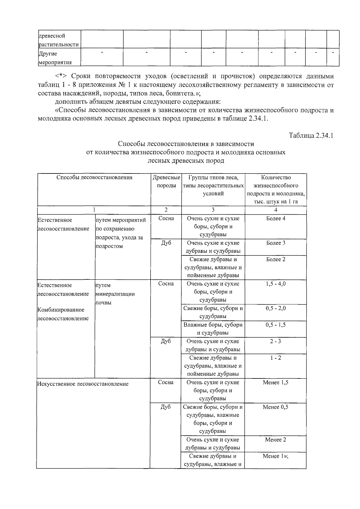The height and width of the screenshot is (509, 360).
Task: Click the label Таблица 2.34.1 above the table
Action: (311, 135)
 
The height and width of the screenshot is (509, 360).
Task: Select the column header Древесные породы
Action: (166, 182)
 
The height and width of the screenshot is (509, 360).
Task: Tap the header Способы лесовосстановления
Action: (94, 177)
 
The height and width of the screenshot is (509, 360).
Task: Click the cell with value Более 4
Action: (275, 218)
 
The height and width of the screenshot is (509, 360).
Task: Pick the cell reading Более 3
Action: (275, 243)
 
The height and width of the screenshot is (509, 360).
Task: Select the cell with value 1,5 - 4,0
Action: (275, 284)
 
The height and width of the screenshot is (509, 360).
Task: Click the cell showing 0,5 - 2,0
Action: (275, 309)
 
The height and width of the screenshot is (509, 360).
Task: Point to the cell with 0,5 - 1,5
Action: (275, 325)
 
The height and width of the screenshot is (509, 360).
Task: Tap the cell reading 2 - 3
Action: (275, 342)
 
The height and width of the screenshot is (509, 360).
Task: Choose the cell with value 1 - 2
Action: (275, 358)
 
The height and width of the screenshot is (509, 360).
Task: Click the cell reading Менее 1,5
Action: (275, 383)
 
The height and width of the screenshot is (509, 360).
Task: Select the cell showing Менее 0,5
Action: (275, 407)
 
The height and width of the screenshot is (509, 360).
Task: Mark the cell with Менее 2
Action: (275, 440)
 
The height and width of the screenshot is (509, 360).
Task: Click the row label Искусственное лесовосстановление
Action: (83, 384)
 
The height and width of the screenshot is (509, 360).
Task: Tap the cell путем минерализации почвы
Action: (115, 294)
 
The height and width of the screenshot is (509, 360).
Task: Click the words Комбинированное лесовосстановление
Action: (63, 314)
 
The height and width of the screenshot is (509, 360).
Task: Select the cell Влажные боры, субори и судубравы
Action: (213, 329)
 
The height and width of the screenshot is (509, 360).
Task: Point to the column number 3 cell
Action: (213, 210)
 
